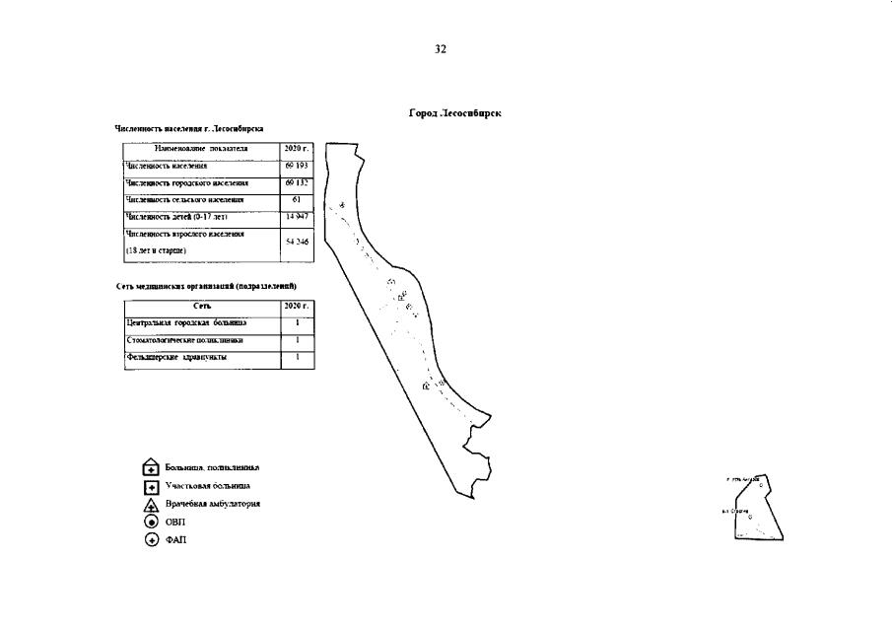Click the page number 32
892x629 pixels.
point(441,48)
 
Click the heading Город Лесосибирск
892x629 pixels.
point(455,113)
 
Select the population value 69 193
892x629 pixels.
point(297,166)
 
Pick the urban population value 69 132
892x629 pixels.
point(297,182)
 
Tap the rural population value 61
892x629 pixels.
point(297,199)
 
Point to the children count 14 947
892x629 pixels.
point(297,216)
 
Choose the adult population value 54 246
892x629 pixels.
point(297,242)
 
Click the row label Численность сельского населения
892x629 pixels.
point(185,199)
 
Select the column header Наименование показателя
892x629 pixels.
point(201,149)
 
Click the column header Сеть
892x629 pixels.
point(202,307)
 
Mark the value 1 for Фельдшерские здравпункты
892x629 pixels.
point(297,357)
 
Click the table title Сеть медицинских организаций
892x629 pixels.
point(207,286)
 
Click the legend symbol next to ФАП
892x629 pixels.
point(151,539)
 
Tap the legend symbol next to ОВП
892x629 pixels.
point(151,522)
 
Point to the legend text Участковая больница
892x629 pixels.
point(207,485)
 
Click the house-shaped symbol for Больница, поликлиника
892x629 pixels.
point(151,468)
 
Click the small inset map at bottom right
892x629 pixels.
point(758,509)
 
